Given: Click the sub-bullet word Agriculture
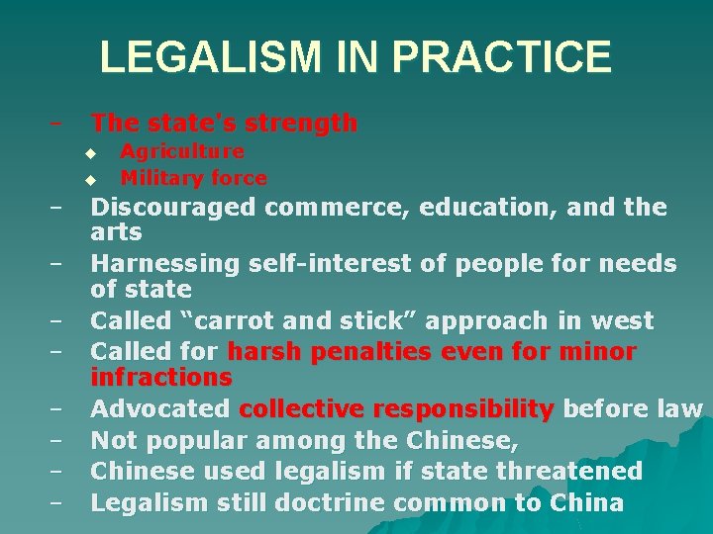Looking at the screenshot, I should (182, 151).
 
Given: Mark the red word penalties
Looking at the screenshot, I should (375, 352).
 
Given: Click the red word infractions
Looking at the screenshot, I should (160, 378).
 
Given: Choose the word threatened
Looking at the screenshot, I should (564, 471).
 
